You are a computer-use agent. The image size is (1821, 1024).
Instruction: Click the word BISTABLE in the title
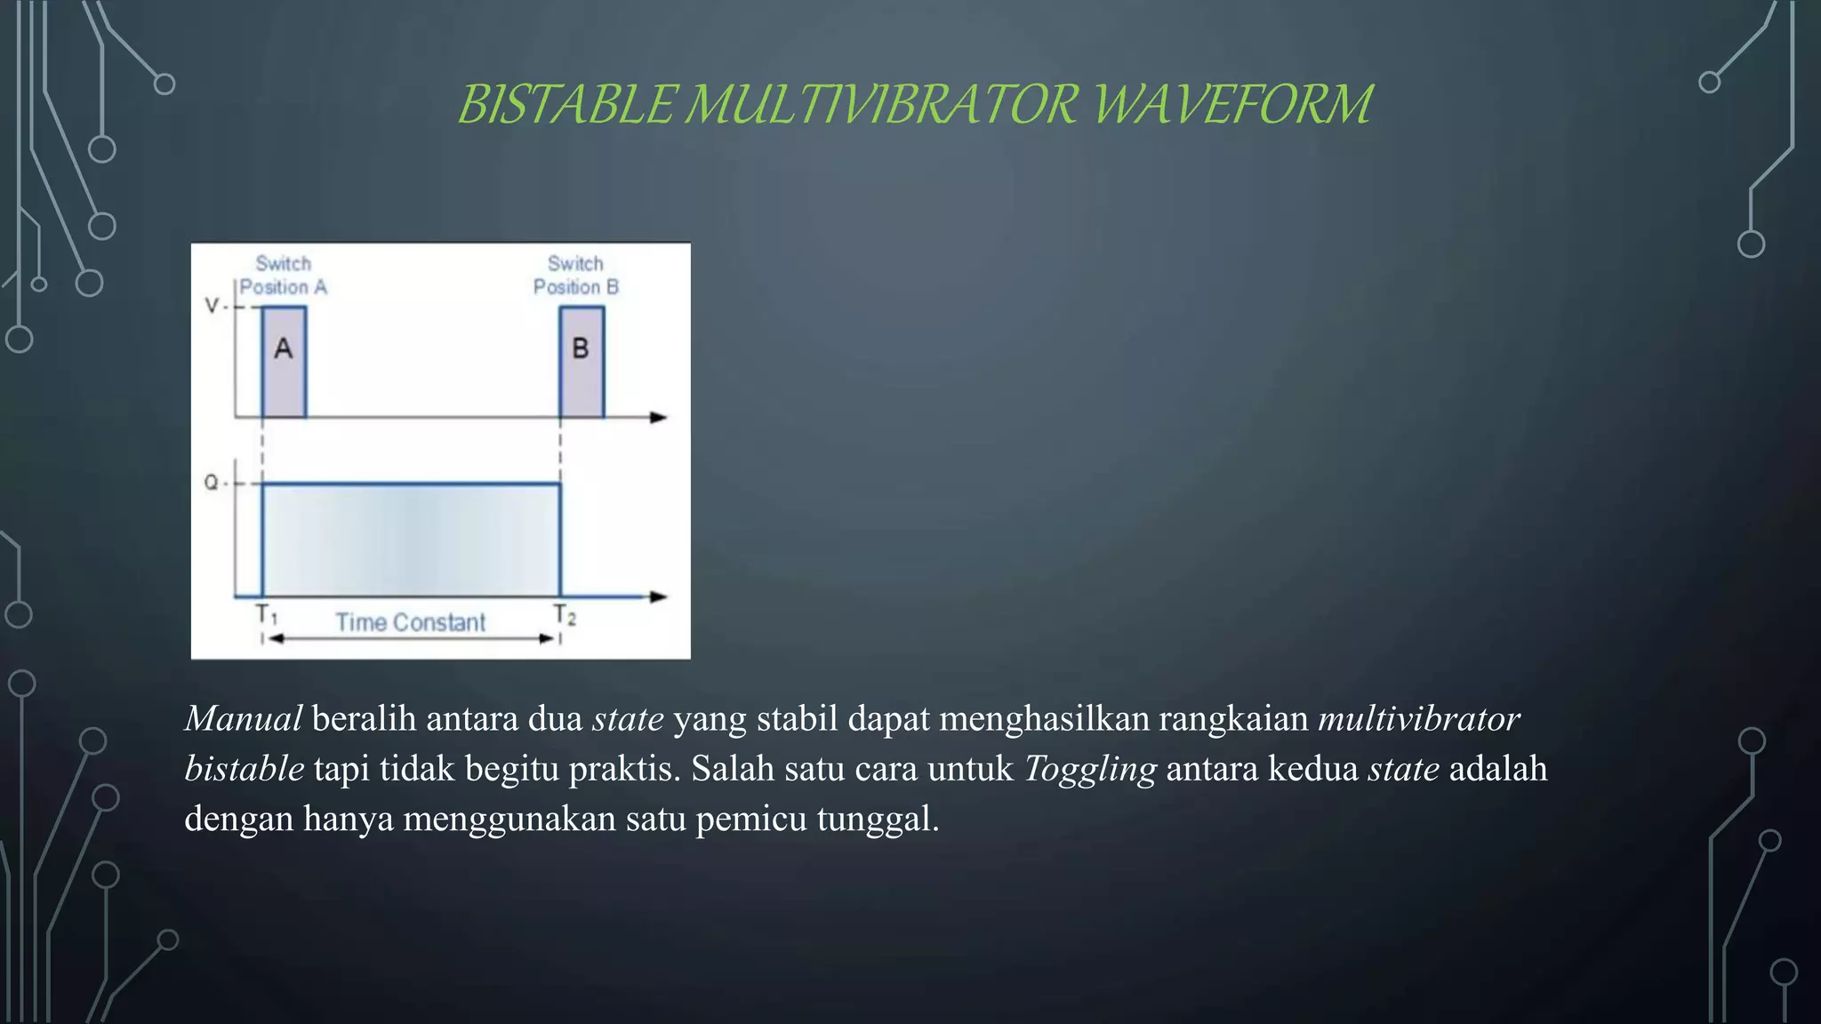point(566,104)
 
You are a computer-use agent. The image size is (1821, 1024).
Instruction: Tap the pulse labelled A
point(284,362)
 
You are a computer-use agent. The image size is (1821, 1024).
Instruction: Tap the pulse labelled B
point(582,362)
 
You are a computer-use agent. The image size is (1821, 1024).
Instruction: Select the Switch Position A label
point(284,276)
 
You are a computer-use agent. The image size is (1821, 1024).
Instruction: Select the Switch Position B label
point(575,276)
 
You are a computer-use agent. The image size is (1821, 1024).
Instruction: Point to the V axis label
point(212,306)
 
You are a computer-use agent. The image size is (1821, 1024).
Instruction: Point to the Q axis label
point(211,483)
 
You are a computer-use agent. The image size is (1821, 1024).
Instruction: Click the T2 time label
point(565,614)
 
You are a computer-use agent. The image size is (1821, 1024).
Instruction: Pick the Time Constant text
point(411,622)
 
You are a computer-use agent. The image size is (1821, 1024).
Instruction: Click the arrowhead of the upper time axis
point(659,417)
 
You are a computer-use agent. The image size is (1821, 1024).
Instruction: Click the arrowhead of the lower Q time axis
point(659,596)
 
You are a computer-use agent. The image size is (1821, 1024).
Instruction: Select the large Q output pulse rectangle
point(411,540)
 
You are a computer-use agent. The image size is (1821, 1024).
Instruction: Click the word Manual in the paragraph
point(244,719)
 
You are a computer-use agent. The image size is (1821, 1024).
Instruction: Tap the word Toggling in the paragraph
point(1090,769)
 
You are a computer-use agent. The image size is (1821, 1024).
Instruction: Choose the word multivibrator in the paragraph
point(1418,719)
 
